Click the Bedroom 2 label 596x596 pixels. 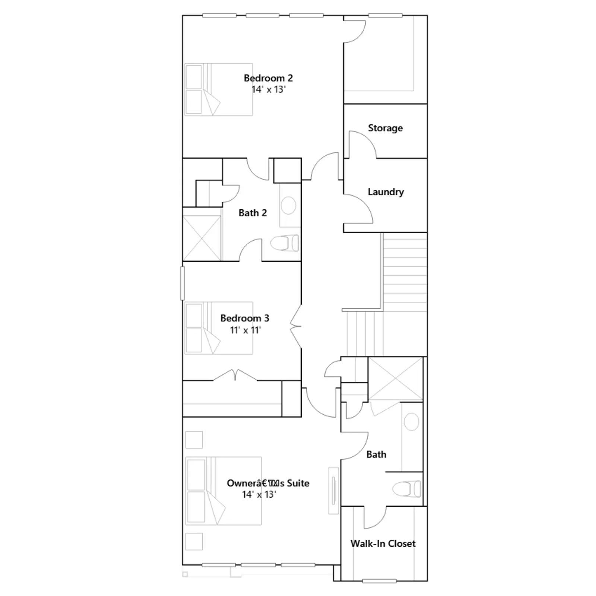click(x=268, y=78)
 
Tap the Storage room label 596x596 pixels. click(x=385, y=128)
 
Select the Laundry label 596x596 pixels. click(x=386, y=192)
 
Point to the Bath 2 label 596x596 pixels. click(x=253, y=213)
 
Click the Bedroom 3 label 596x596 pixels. click(x=244, y=318)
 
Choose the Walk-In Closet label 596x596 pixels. click(x=383, y=543)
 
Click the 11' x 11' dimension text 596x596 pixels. click(x=245, y=330)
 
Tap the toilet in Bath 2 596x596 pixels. click(x=285, y=243)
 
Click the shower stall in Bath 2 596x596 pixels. click(x=202, y=238)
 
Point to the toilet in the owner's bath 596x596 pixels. click(x=407, y=489)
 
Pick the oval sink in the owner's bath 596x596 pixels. click(x=412, y=422)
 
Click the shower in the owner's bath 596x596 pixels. click(x=396, y=379)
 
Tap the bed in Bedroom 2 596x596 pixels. click(x=219, y=89)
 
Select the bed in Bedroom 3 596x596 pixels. click(x=219, y=328)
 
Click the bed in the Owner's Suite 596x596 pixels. click(x=223, y=491)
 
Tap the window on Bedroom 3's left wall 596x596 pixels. click(x=183, y=283)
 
